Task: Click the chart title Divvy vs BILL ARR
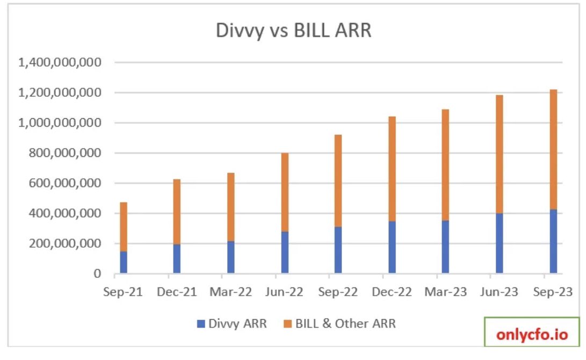coord(293,30)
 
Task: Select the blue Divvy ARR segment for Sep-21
coord(124,262)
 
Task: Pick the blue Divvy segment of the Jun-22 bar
coord(285,253)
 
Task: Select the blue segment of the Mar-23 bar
coord(445,247)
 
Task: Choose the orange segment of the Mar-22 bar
coord(231,207)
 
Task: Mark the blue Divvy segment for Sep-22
coord(338,250)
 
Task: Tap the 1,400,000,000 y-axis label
coord(60,63)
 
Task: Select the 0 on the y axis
coord(97,274)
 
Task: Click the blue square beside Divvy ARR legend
coord(201,324)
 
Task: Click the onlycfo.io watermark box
coord(531,335)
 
